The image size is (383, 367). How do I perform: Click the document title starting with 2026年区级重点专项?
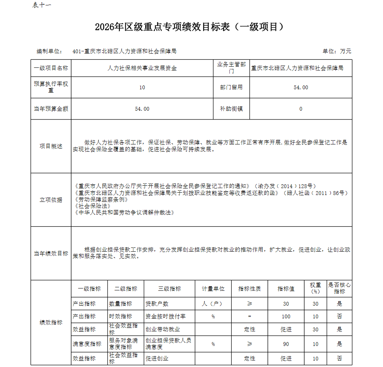click(190, 27)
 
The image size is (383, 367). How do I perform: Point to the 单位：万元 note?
click(337, 51)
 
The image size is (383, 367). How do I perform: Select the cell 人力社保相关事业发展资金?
click(142, 69)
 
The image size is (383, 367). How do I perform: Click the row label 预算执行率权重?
click(51, 87)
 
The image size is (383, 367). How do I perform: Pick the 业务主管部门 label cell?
click(231, 68)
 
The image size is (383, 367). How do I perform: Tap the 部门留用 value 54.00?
click(301, 87)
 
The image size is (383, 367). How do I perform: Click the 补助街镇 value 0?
click(301, 109)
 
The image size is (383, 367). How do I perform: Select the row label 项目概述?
click(51, 146)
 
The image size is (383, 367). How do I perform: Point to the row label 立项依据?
click(51, 200)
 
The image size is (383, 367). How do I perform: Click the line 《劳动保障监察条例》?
click(101, 200)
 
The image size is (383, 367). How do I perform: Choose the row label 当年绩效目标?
click(51, 254)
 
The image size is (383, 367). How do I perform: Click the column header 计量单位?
click(213, 289)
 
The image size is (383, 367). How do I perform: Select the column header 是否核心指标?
click(339, 288)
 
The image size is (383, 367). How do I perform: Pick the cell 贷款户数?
click(157, 304)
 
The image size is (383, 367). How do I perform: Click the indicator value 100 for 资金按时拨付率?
click(286, 316)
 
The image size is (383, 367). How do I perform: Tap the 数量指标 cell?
click(121, 304)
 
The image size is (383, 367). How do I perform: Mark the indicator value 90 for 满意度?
click(286, 344)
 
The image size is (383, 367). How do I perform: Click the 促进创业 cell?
click(157, 359)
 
